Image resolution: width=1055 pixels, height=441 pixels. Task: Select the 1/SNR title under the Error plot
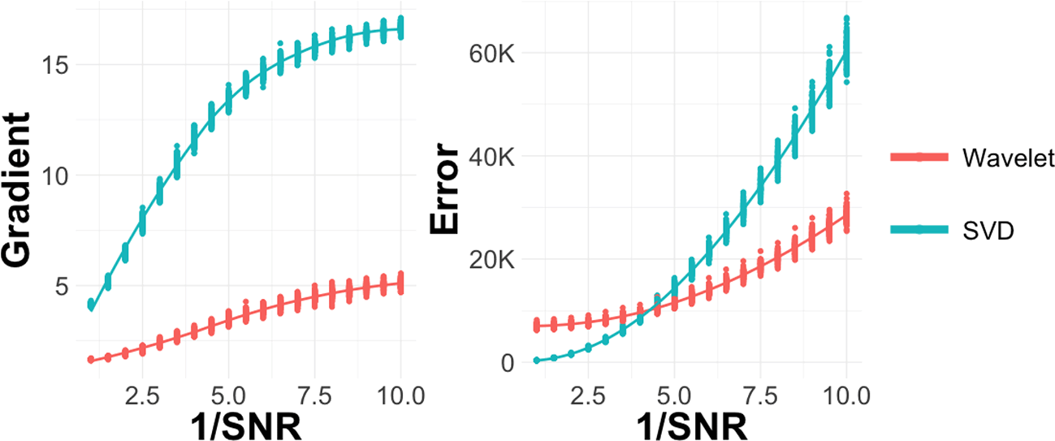(691, 426)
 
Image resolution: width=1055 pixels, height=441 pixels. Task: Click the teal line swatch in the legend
(916, 230)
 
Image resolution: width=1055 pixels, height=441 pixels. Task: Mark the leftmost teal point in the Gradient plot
(91, 305)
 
